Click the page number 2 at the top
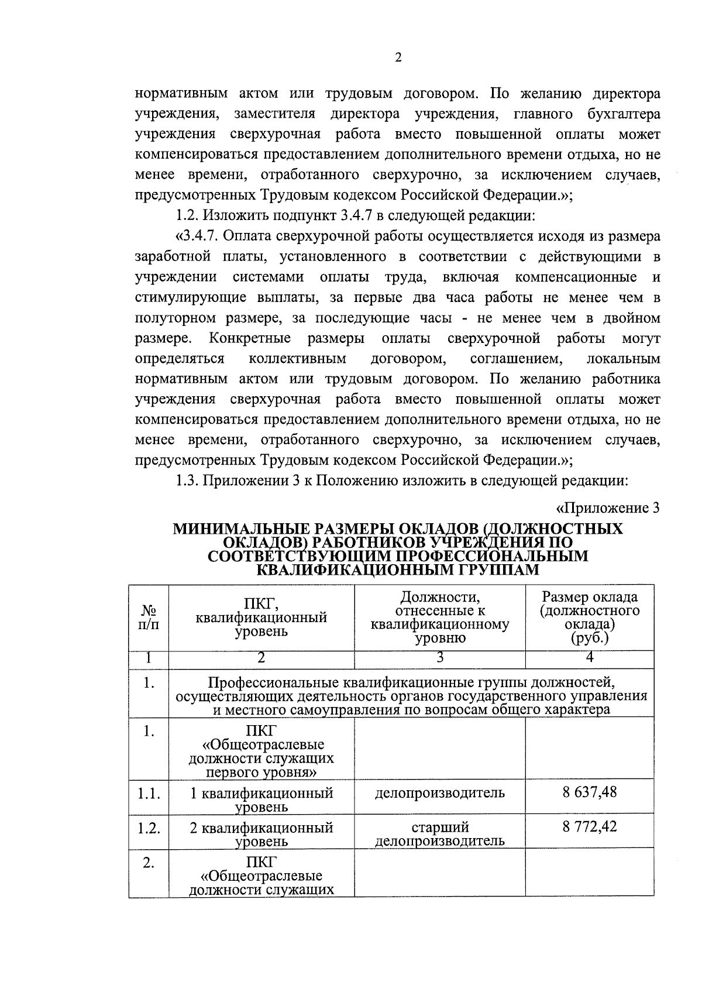pos(398,58)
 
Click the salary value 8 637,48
pos(590,792)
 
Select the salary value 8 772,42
pos(590,826)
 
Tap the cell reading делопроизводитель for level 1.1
pos(439,793)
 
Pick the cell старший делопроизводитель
pos(439,834)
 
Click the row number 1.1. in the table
pos(149,794)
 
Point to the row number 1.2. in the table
pos(149,828)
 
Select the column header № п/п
pos(149,617)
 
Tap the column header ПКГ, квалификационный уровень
pos(261,617)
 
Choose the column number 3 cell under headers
pos(439,658)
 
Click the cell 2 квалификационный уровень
pos(261,834)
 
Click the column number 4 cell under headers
pos(590,658)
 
